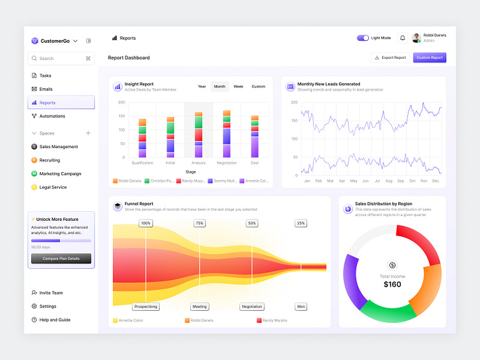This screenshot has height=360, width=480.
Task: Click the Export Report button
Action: (x=390, y=57)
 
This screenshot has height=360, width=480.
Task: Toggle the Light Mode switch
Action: (x=363, y=38)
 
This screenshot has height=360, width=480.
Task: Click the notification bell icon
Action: (x=403, y=38)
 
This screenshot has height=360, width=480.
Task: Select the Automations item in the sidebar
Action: (x=52, y=116)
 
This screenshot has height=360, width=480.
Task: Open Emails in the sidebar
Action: (x=46, y=89)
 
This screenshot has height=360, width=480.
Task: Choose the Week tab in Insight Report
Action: (x=238, y=86)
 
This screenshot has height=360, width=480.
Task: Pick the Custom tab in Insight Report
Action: (x=258, y=86)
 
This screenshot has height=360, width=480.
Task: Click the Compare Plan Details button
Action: (x=61, y=259)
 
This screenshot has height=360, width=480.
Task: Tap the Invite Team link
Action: (x=51, y=293)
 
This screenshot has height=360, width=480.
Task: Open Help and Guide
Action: (x=55, y=320)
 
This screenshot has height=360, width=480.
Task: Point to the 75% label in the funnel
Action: (x=200, y=223)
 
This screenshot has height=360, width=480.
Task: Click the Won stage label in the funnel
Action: (x=301, y=306)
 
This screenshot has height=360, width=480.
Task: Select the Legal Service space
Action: (x=52, y=187)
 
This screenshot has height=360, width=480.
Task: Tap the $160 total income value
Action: (x=393, y=284)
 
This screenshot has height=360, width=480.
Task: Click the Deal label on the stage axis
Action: (x=255, y=163)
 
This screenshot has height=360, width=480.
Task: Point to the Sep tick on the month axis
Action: (x=400, y=181)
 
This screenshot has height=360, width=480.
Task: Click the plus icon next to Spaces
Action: (x=88, y=133)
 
